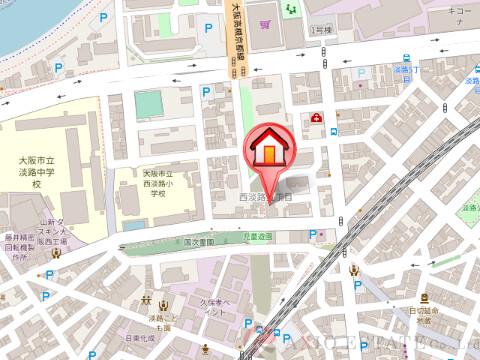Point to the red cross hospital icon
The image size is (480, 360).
[316, 118]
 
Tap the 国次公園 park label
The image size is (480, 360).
[200, 242]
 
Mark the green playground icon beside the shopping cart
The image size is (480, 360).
[291, 10]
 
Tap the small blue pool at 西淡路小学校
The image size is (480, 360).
[147, 104]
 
